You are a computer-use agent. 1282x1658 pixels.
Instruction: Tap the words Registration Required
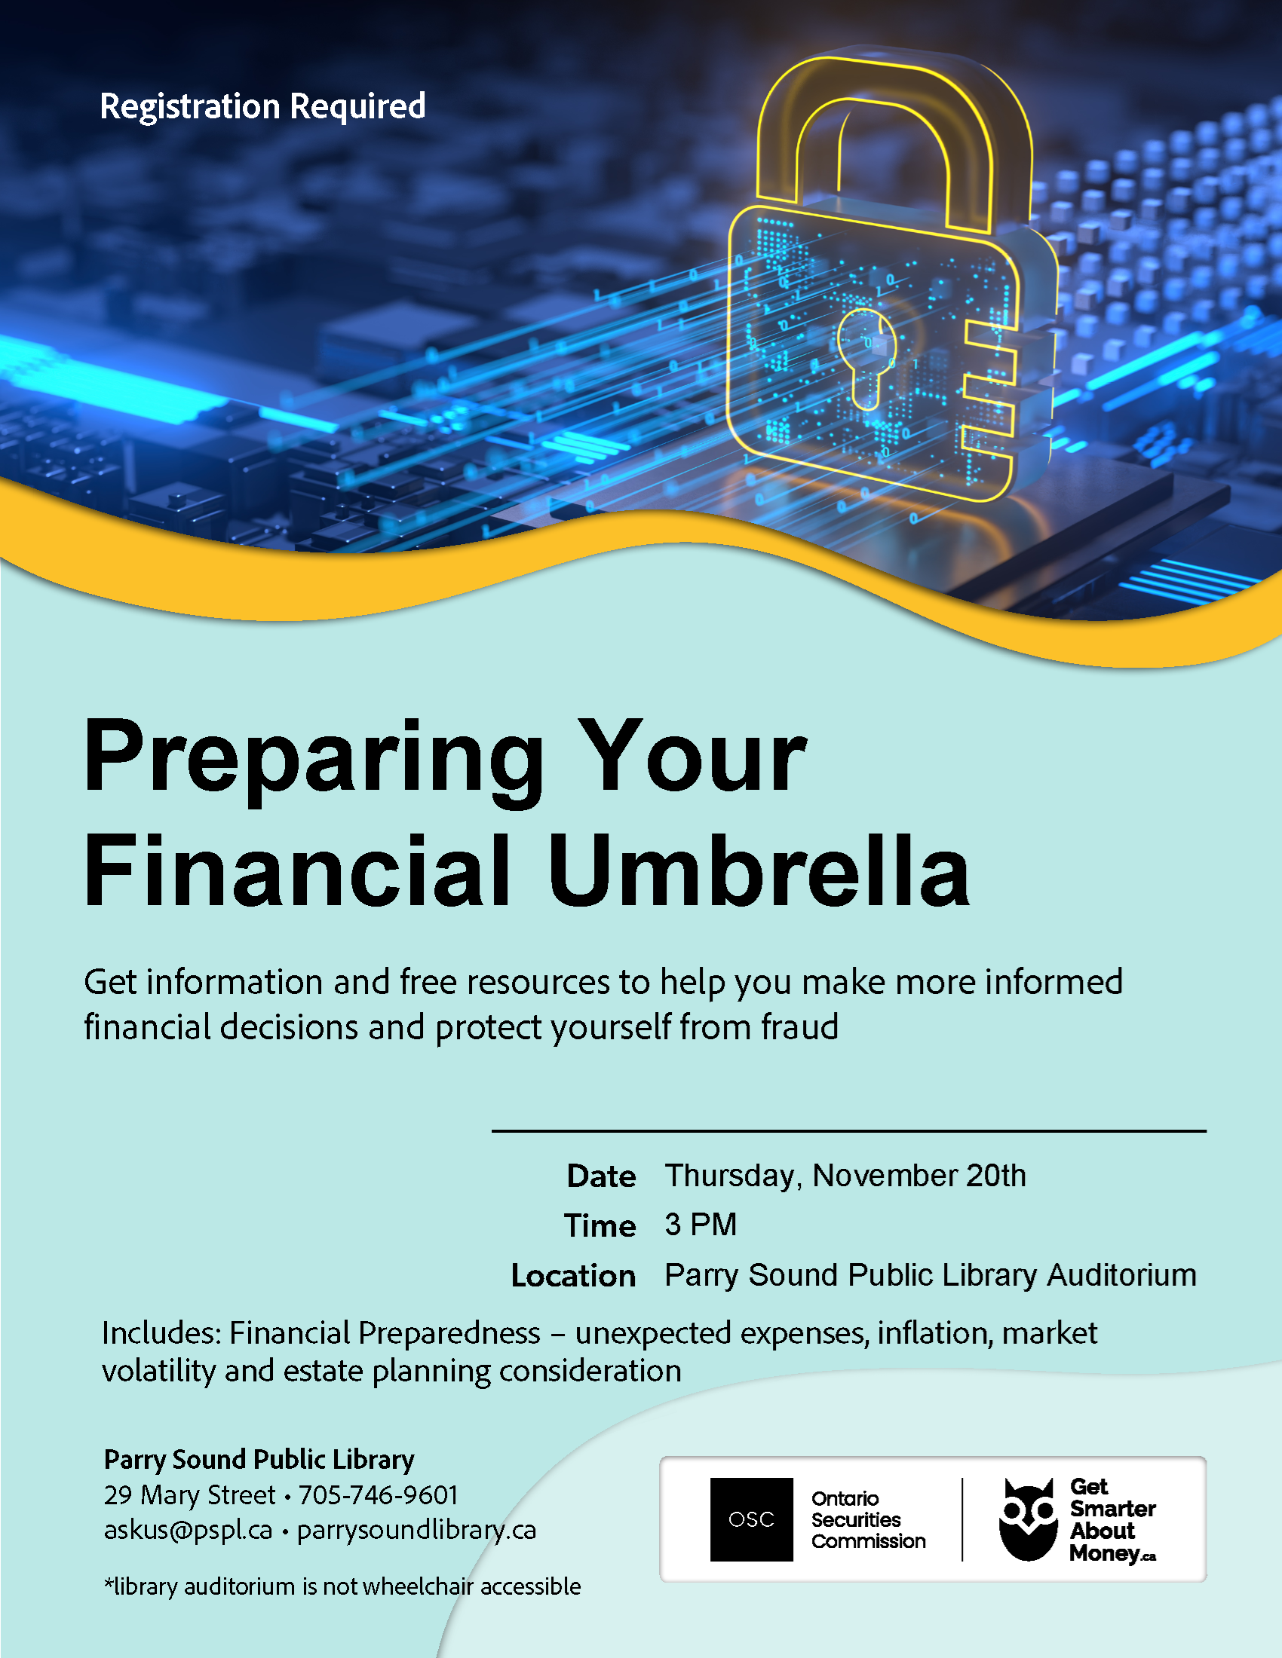(x=262, y=106)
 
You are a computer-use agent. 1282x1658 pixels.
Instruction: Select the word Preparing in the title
(x=314, y=759)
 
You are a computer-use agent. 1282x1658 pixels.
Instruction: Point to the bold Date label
(x=602, y=1176)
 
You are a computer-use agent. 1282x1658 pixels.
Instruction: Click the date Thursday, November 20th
(x=845, y=1176)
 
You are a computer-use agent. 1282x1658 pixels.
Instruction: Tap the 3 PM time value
(x=701, y=1225)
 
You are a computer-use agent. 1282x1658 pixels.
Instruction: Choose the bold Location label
(x=573, y=1275)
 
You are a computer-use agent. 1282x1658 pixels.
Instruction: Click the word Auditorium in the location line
(x=1122, y=1275)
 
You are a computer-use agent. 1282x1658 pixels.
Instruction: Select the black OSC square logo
(x=751, y=1519)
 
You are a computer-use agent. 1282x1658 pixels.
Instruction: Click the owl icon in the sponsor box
(x=1028, y=1519)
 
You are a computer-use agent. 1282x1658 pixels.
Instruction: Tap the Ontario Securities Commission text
(x=868, y=1520)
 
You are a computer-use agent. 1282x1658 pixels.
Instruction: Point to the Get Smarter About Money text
(x=1112, y=1520)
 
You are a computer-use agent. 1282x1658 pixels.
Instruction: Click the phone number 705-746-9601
(x=379, y=1494)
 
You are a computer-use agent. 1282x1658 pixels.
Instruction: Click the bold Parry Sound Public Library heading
(x=259, y=1460)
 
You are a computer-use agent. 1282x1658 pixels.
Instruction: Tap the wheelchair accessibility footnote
(x=342, y=1586)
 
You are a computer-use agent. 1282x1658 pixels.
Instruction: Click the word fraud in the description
(x=799, y=1026)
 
